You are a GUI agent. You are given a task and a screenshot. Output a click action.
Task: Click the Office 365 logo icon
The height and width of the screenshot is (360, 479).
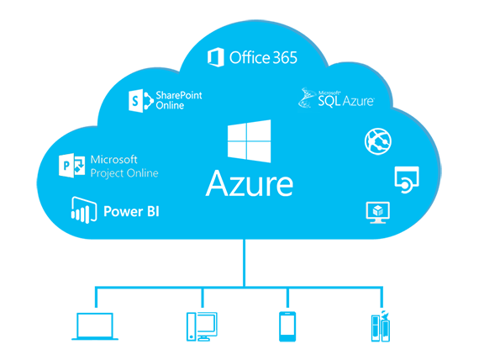216,57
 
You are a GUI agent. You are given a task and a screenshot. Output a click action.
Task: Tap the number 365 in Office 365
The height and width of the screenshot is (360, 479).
285,57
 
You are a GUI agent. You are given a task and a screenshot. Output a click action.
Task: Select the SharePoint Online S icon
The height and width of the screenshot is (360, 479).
140,101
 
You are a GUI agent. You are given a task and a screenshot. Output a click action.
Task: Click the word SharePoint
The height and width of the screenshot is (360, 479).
179,95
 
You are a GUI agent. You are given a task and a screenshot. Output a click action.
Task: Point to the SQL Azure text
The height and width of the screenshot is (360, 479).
346,100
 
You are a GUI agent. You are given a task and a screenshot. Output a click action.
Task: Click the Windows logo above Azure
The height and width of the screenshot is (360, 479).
249,141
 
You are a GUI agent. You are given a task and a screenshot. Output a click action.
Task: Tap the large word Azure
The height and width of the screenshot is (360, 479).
250,183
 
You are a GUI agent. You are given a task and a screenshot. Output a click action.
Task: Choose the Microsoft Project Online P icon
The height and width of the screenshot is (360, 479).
71,166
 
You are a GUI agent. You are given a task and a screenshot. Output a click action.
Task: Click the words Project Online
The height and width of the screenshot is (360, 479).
124,173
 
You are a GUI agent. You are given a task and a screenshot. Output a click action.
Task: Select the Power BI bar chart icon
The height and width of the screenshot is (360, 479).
84,210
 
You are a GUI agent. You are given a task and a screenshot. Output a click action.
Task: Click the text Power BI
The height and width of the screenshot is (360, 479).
131,211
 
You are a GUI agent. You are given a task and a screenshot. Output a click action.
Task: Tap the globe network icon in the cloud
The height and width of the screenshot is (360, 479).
378,141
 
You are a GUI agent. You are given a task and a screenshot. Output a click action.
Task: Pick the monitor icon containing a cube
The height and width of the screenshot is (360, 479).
378,213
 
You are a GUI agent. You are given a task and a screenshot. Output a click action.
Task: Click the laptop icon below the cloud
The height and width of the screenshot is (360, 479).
95,326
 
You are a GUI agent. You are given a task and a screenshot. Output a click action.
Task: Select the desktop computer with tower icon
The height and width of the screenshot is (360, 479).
202,326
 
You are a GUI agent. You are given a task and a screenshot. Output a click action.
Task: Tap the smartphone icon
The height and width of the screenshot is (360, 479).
287,326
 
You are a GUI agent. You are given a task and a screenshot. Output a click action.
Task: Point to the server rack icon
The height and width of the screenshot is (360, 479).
381,326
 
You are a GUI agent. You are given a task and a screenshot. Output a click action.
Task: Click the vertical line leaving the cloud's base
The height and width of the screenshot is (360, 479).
244,262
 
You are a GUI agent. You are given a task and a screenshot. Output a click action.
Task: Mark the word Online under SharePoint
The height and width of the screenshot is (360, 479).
170,105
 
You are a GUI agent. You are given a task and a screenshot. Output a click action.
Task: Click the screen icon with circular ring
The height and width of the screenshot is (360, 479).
407,180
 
